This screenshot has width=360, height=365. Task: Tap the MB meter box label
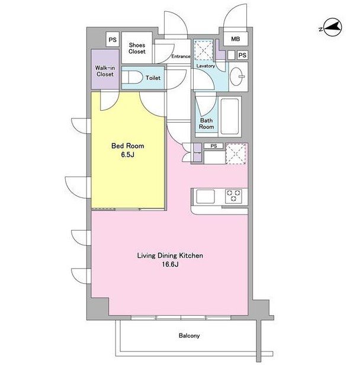(x=235, y=39)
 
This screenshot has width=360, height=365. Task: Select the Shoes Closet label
(x=137, y=48)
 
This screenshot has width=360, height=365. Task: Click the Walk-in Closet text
(x=105, y=71)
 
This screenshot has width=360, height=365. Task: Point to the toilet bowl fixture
(x=132, y=77)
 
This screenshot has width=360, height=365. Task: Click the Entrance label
(x=181, y=56)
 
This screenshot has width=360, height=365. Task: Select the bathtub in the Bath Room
(x=230, y=116)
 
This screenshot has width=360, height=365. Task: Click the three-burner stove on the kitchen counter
(x=233, y=196)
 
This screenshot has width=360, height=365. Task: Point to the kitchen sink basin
(x=205, y=197)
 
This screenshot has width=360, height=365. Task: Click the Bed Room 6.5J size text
(x=127, y=155)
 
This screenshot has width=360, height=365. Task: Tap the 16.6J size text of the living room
(x=170, y=264)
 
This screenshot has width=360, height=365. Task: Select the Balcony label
(x=189, y=335)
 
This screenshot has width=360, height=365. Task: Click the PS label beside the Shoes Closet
(x=112, y=40)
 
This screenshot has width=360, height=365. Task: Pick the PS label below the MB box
(x=242, y=55)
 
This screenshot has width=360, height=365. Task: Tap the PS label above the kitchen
(x=214, y=146)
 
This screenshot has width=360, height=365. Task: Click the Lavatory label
(x=205, y=66)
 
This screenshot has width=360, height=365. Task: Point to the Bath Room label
(x=206, y=124)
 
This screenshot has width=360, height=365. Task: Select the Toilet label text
(x=153, y=78)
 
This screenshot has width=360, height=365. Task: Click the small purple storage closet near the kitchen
(x=197, y=152)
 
